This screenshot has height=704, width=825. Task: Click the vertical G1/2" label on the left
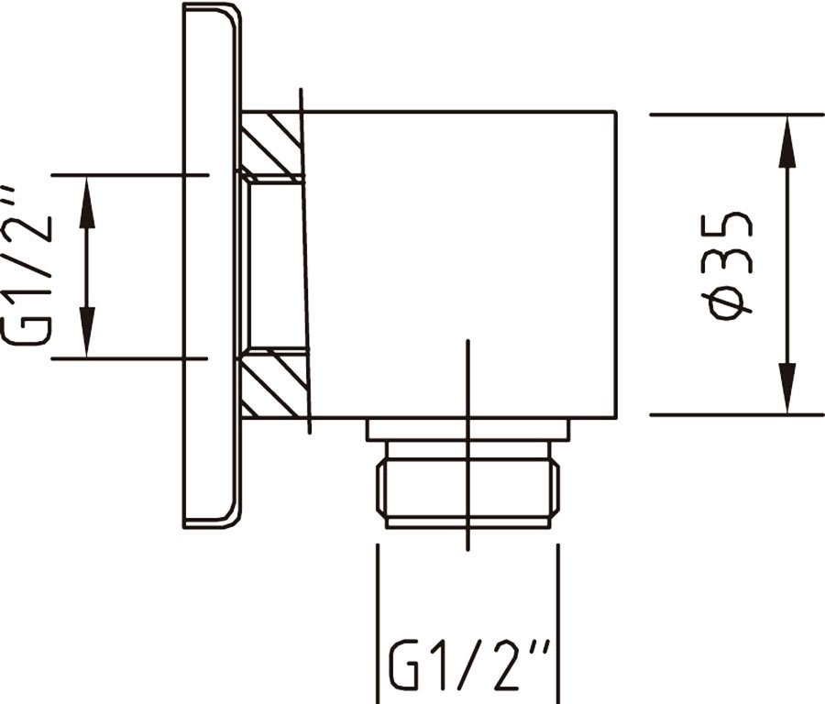27,265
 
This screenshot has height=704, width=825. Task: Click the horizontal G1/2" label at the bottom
469,665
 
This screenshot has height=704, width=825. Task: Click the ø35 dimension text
731,265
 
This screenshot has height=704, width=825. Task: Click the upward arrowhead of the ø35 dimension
786,141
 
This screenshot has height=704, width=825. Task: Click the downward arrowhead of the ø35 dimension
786,389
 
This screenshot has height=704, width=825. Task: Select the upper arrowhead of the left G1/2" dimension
87,202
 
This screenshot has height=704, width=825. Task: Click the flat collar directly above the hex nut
467,429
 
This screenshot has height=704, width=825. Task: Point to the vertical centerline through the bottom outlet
467,445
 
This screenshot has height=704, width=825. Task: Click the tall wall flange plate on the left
211,265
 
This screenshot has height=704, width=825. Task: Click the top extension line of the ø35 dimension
737,115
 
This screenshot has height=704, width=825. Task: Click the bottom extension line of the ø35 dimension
737,415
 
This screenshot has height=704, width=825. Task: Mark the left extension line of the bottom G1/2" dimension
378,624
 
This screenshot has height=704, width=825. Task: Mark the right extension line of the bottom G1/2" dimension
557,624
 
